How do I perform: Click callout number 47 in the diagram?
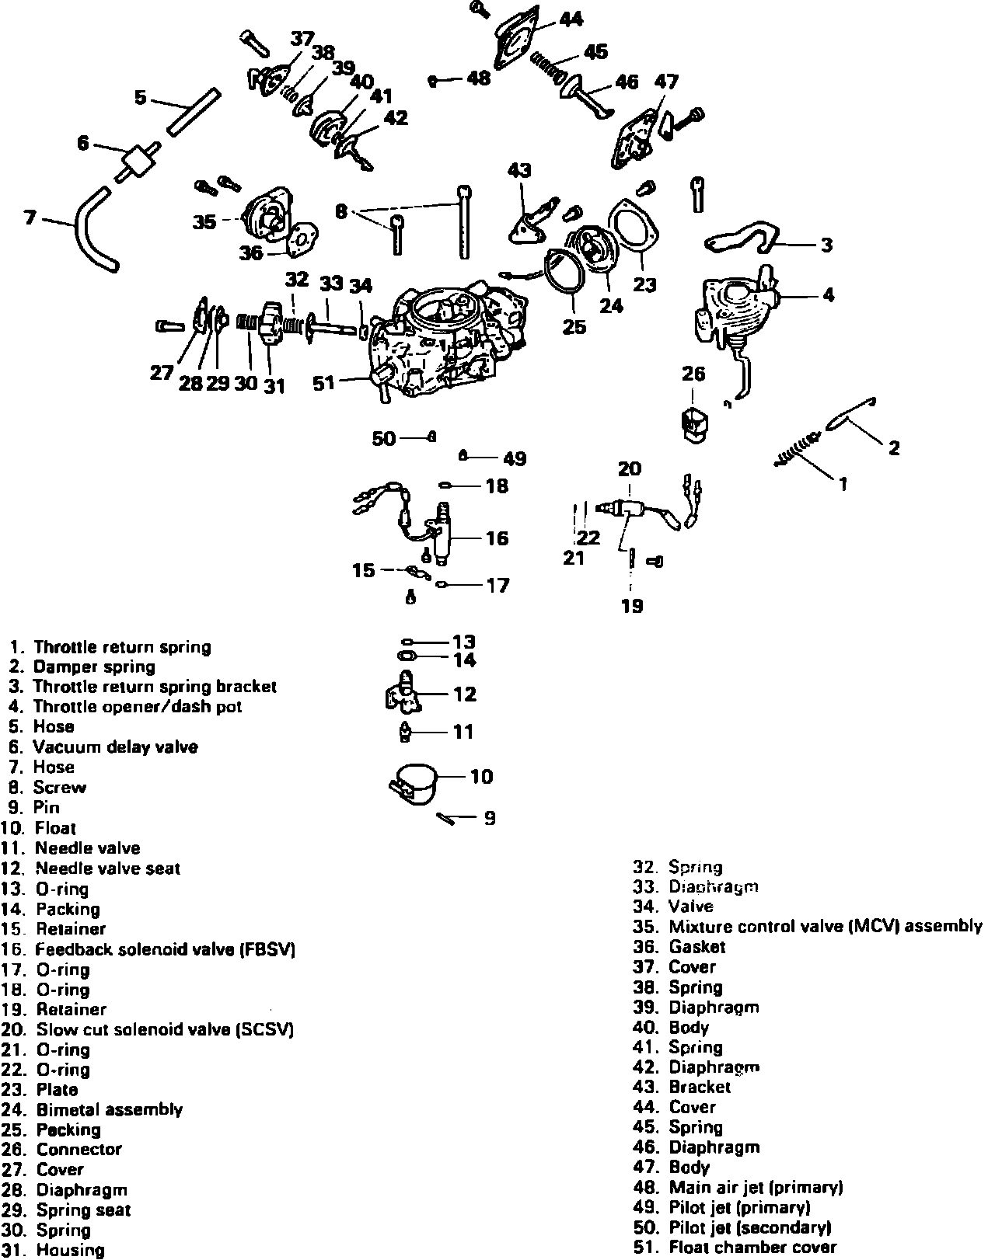(666, 82)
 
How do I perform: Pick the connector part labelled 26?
(693, 423)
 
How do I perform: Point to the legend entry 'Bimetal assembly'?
(109, 1109)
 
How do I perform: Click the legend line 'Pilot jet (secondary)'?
(749, 1227)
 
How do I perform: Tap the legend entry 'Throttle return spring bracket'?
(155, 687)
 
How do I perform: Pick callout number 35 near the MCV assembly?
(204, 222)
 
